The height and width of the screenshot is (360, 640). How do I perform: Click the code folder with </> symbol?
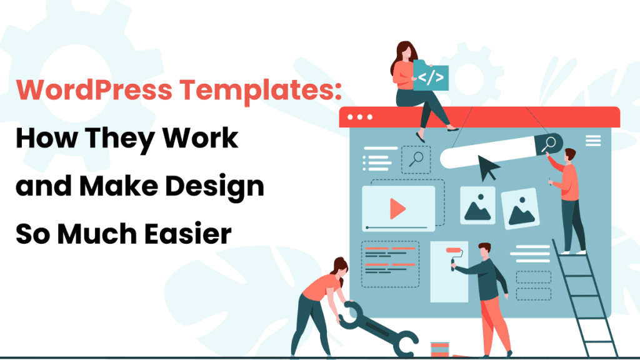432,77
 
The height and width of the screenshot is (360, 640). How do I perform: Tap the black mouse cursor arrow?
489,167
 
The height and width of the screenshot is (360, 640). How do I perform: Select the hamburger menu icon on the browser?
592,141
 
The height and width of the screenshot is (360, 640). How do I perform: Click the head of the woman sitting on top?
402,52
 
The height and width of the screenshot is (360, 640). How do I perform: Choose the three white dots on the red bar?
359,117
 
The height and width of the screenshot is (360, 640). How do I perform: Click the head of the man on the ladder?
569,155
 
